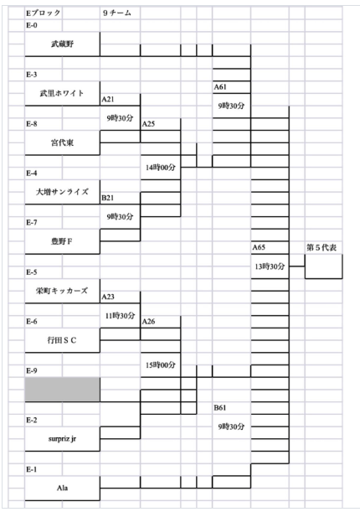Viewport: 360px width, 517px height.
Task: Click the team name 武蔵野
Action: point(62,44)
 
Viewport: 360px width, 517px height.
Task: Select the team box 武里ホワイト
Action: point(62,93)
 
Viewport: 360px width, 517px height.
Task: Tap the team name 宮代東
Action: point(62,142)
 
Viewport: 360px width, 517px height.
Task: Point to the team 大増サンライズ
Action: point(62,192)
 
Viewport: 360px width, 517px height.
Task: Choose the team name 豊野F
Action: point(62,241)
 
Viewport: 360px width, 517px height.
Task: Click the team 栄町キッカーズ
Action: point(62,291)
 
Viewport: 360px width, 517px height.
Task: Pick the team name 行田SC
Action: point(62,340)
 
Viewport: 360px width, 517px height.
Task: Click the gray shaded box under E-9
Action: point(62,390)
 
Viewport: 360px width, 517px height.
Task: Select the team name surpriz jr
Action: point(62,439)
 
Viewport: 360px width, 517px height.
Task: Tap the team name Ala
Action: point(62,488)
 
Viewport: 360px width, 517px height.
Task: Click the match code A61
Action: point(220,87)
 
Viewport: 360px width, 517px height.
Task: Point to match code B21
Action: point(108,198)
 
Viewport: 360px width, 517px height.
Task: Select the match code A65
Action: point(259,247)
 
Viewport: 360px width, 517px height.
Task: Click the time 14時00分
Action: point(161,168)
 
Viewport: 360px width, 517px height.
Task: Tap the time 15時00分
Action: point(161,365)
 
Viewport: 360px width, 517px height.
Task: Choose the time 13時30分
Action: point(270,266)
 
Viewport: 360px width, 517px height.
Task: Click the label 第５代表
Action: point(321,248)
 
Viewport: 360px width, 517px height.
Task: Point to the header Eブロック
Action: point(44,13)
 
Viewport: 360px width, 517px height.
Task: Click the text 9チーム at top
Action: point(117,13)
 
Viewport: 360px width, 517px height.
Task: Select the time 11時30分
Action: point(121,316)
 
